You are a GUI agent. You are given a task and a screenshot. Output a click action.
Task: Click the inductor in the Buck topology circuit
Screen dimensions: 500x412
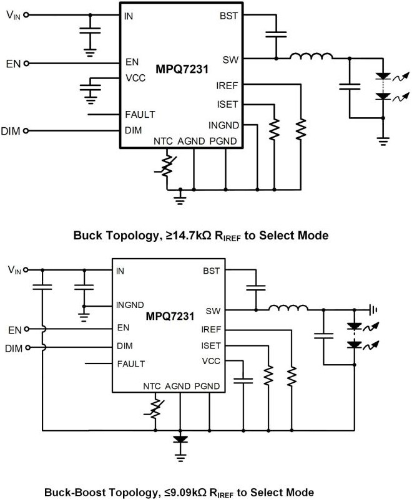(311, 58)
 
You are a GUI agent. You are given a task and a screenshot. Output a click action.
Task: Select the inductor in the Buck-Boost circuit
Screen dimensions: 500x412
(288, 308)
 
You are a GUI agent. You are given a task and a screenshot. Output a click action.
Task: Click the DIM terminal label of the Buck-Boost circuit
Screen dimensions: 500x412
(13, 347)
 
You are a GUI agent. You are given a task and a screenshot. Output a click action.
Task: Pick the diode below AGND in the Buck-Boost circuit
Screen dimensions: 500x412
(180, 439)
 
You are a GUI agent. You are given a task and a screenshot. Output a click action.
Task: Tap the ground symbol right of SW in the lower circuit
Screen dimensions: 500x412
(374, 309)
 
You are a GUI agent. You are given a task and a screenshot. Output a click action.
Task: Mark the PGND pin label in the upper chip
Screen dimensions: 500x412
(223, 142)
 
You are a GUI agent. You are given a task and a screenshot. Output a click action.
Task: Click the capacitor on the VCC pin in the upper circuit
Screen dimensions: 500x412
(93, 85)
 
